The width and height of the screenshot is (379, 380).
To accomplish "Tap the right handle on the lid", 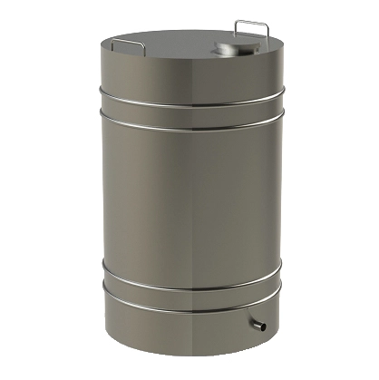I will point(252,27).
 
